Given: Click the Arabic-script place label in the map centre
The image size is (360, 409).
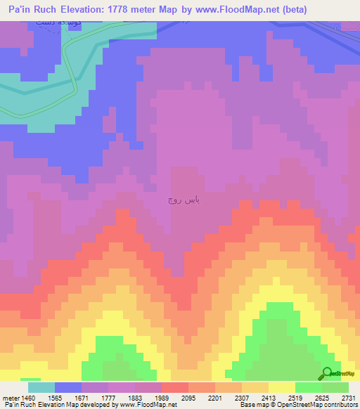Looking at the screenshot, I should click(x=184, y=201).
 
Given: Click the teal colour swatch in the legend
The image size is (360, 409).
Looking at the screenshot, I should click(x=41, y=387).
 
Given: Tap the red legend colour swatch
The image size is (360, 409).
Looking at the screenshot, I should click(x=175, y=387).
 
